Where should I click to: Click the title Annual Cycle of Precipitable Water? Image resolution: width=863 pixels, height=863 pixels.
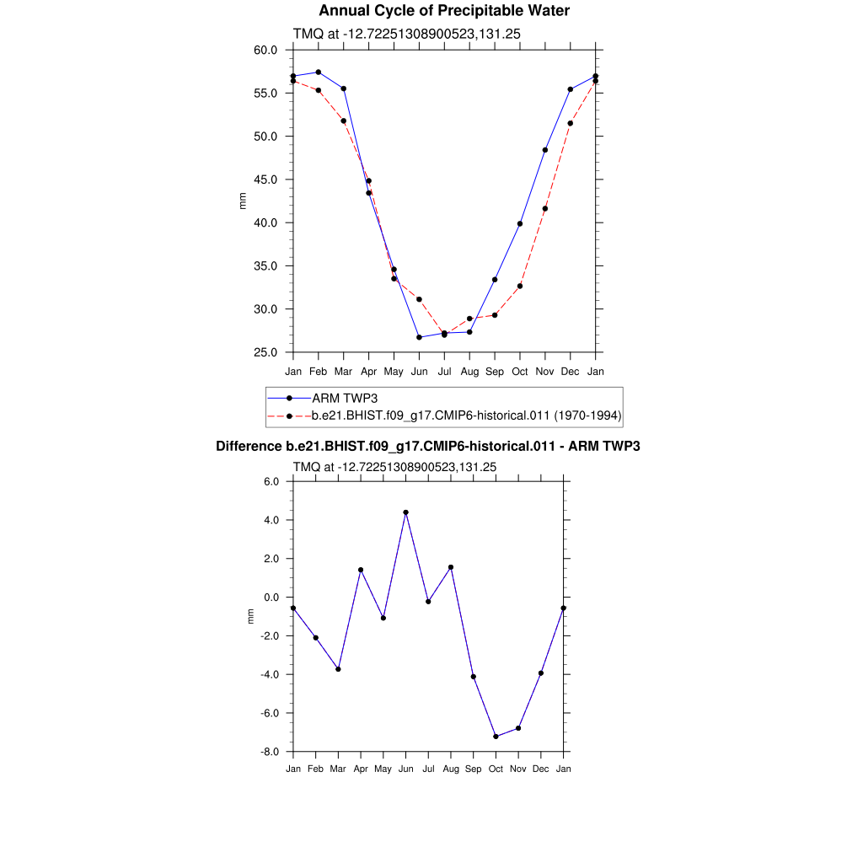pyautogui.click(x=444, y=11)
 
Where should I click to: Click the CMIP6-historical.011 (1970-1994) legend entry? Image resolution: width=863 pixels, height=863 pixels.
pyautogui.click(x=466, y=415)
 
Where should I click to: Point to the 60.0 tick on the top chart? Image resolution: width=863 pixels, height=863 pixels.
pyautogui.click(x=265, y=50)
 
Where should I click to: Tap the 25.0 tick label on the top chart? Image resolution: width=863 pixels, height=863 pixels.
pyautogui.click(x=265, y=352)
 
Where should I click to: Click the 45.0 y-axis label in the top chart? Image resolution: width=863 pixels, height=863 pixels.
pyautogui.click(x=265, y=180)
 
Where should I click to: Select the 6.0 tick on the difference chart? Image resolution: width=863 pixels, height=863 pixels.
pyautogui.click(x=271, y=482)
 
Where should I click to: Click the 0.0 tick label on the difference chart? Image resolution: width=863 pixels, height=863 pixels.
pyautogui.click(x=271, y=598)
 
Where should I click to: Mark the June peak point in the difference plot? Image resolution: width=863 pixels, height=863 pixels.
pyautogui.click(x=405, y=512)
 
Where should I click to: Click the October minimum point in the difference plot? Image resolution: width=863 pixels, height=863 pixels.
pyautogui.click(x=496, y=737)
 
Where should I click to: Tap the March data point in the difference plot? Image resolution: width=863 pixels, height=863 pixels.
pyautogui.click(x=338, y=669)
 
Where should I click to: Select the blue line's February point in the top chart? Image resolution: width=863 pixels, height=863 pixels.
pyautogui.click(x=318, y=72)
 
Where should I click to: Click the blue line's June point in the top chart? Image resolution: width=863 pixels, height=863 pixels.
pyautogui.click(x=419, y=337)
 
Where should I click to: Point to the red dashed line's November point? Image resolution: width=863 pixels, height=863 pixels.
pyautogui.click(x=545, y=208)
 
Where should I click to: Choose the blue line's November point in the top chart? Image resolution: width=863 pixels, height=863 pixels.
pyautogui.click(x=545, y=150)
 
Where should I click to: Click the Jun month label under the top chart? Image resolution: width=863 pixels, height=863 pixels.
pyautogui.click(x=419, y=372)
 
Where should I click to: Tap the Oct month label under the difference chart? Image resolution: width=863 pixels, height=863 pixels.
pyautogui.click(x=496, y=769)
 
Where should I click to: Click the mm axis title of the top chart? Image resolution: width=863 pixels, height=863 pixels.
pyautogui.click(x=244, y=201)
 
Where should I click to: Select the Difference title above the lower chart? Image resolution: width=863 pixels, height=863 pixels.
pyautogui.click(x=428, y=446)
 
